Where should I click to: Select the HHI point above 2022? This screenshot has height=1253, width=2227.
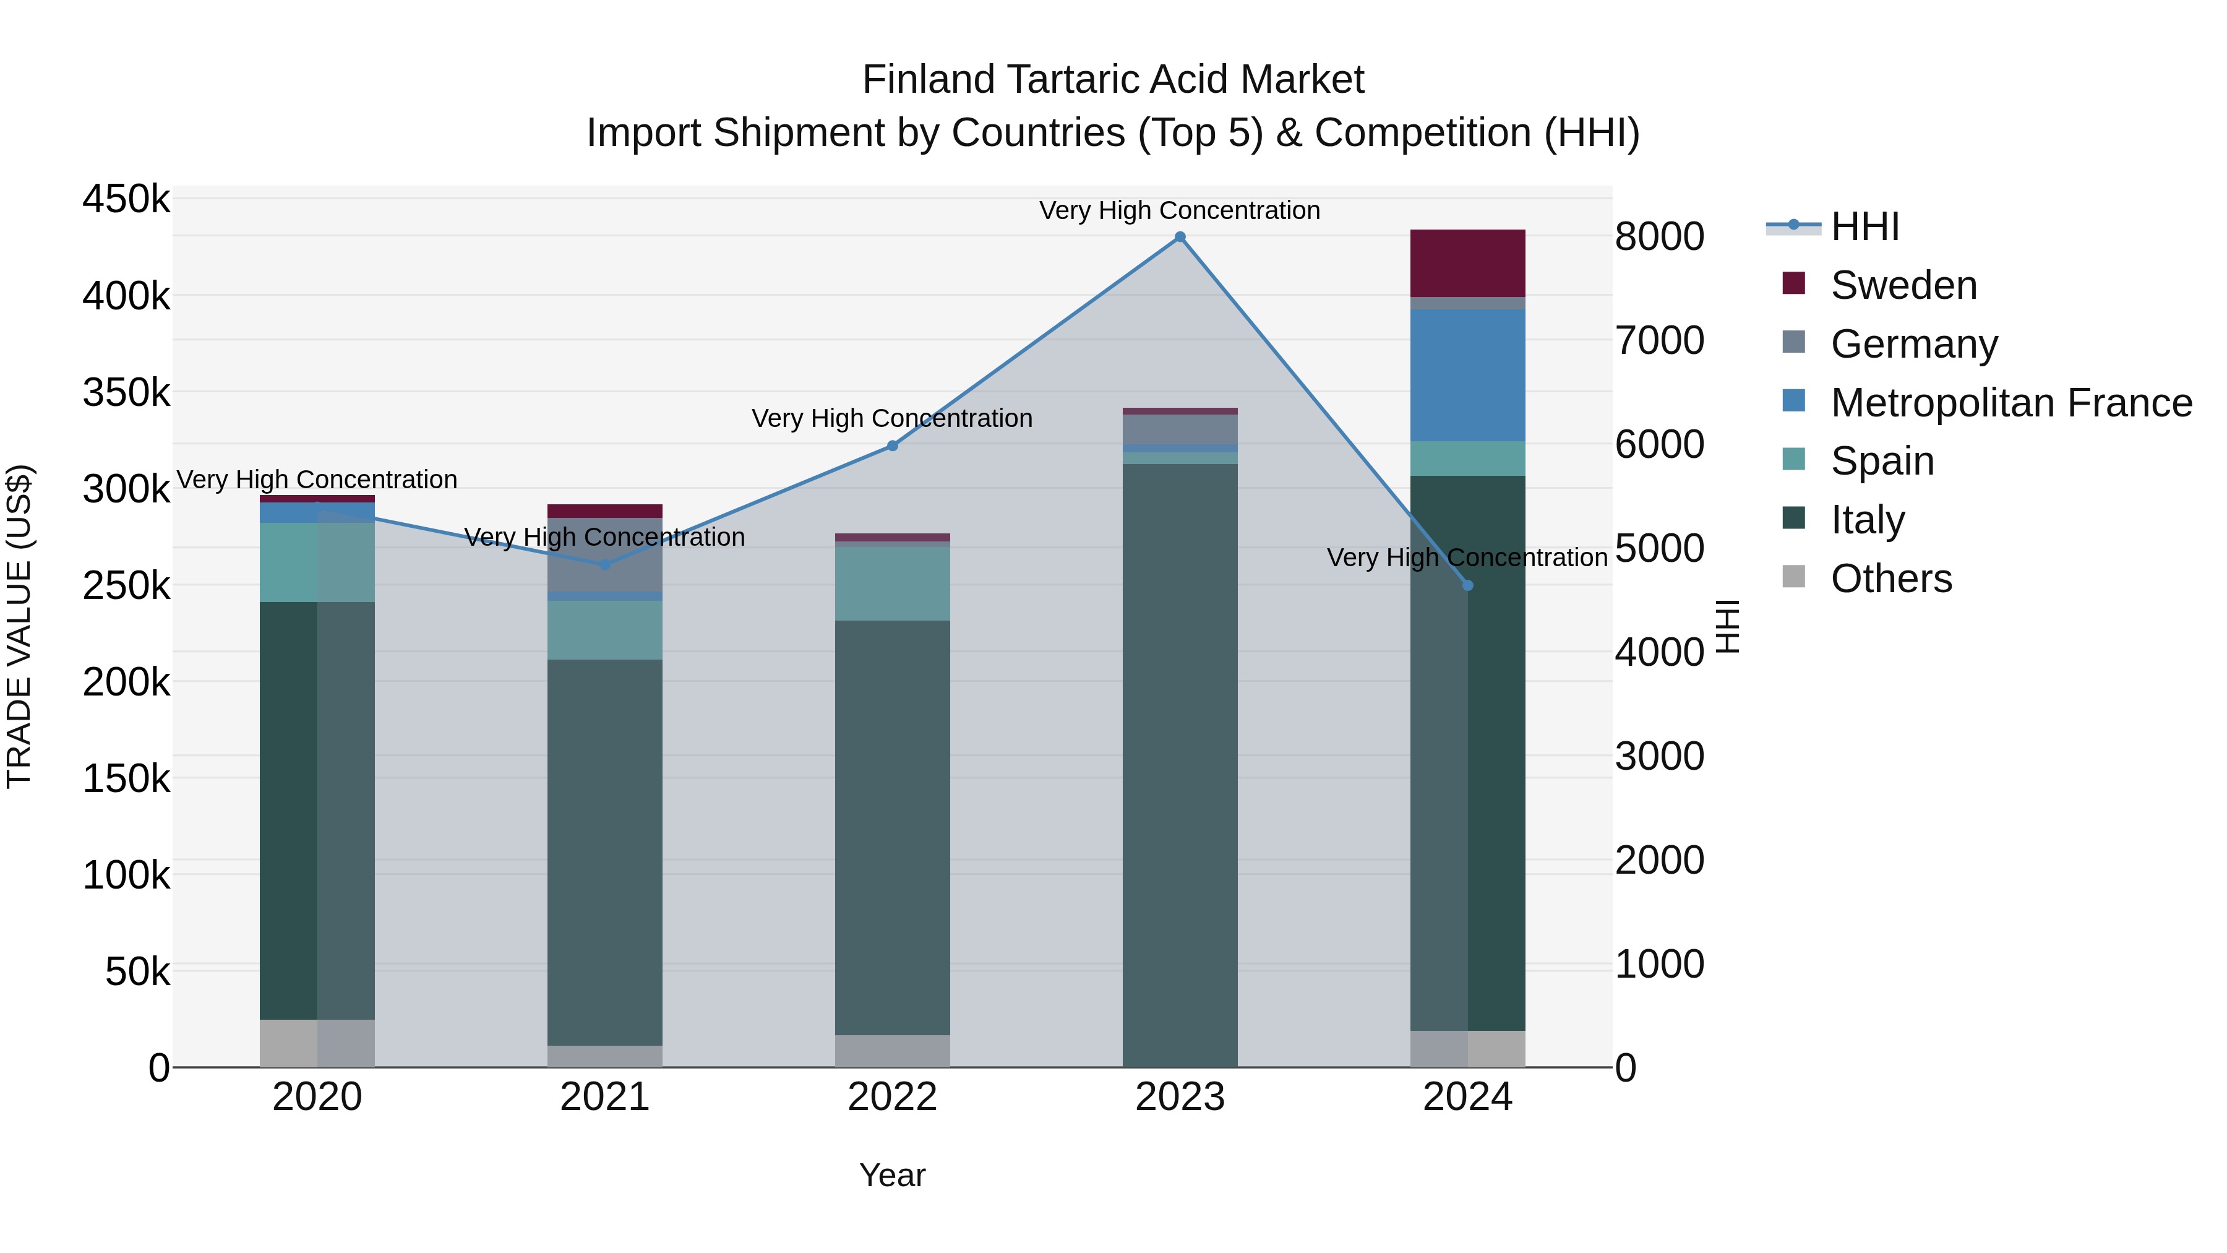point(892,446)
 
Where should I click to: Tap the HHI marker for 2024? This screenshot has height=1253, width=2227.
point(1467,585)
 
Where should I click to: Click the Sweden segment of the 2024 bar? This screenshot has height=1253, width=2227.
point(1467,263)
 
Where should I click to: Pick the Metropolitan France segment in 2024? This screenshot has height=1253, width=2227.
point(1467,376)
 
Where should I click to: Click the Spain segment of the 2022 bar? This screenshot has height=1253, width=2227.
point(892,583)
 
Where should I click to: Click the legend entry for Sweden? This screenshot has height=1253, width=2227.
point(1903,285)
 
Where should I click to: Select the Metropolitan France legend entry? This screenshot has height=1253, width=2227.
point(2011,403)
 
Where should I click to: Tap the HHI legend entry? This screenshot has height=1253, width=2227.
point(1864,226)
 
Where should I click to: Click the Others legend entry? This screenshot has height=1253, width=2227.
point(1890,579)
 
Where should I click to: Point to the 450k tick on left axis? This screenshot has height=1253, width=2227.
point(126,199)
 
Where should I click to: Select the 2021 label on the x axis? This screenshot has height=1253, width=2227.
point(604,1097)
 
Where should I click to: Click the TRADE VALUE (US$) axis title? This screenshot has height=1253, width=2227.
point(19,626)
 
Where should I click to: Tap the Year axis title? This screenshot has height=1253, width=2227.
point(892,1175)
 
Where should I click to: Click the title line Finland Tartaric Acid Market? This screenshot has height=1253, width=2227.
point(1113,80)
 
